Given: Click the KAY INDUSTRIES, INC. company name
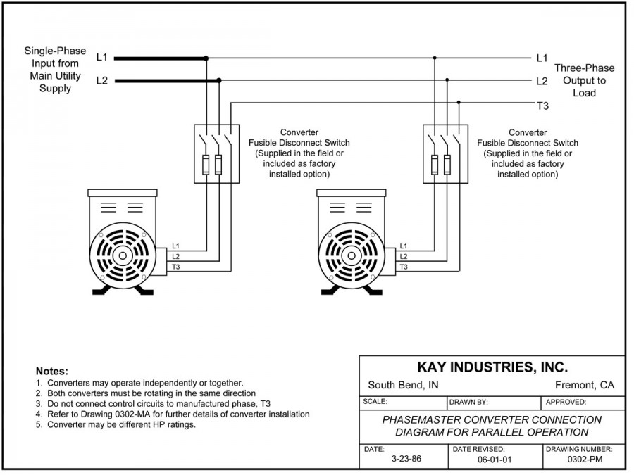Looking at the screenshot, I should (x=492, y=367).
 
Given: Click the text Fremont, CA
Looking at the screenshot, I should (x=585, y=385).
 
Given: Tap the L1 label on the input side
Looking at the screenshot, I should (x=102, y=58).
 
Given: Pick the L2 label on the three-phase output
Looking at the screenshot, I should (x=542, y=81).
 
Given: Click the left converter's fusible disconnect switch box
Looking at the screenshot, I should (x=217, y=154).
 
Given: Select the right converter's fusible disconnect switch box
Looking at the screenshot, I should (x=445, y=154).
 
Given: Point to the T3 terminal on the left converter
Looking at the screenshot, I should (x=175, y=267).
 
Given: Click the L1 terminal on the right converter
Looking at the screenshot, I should (x=404, y=246).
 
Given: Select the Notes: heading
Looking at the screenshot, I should (x=51, y=371).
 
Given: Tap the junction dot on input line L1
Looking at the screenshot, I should (x=206, y=58).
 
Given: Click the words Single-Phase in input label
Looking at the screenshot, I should (x=55, y=51).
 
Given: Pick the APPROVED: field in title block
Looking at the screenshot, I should (x=566, y=402).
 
